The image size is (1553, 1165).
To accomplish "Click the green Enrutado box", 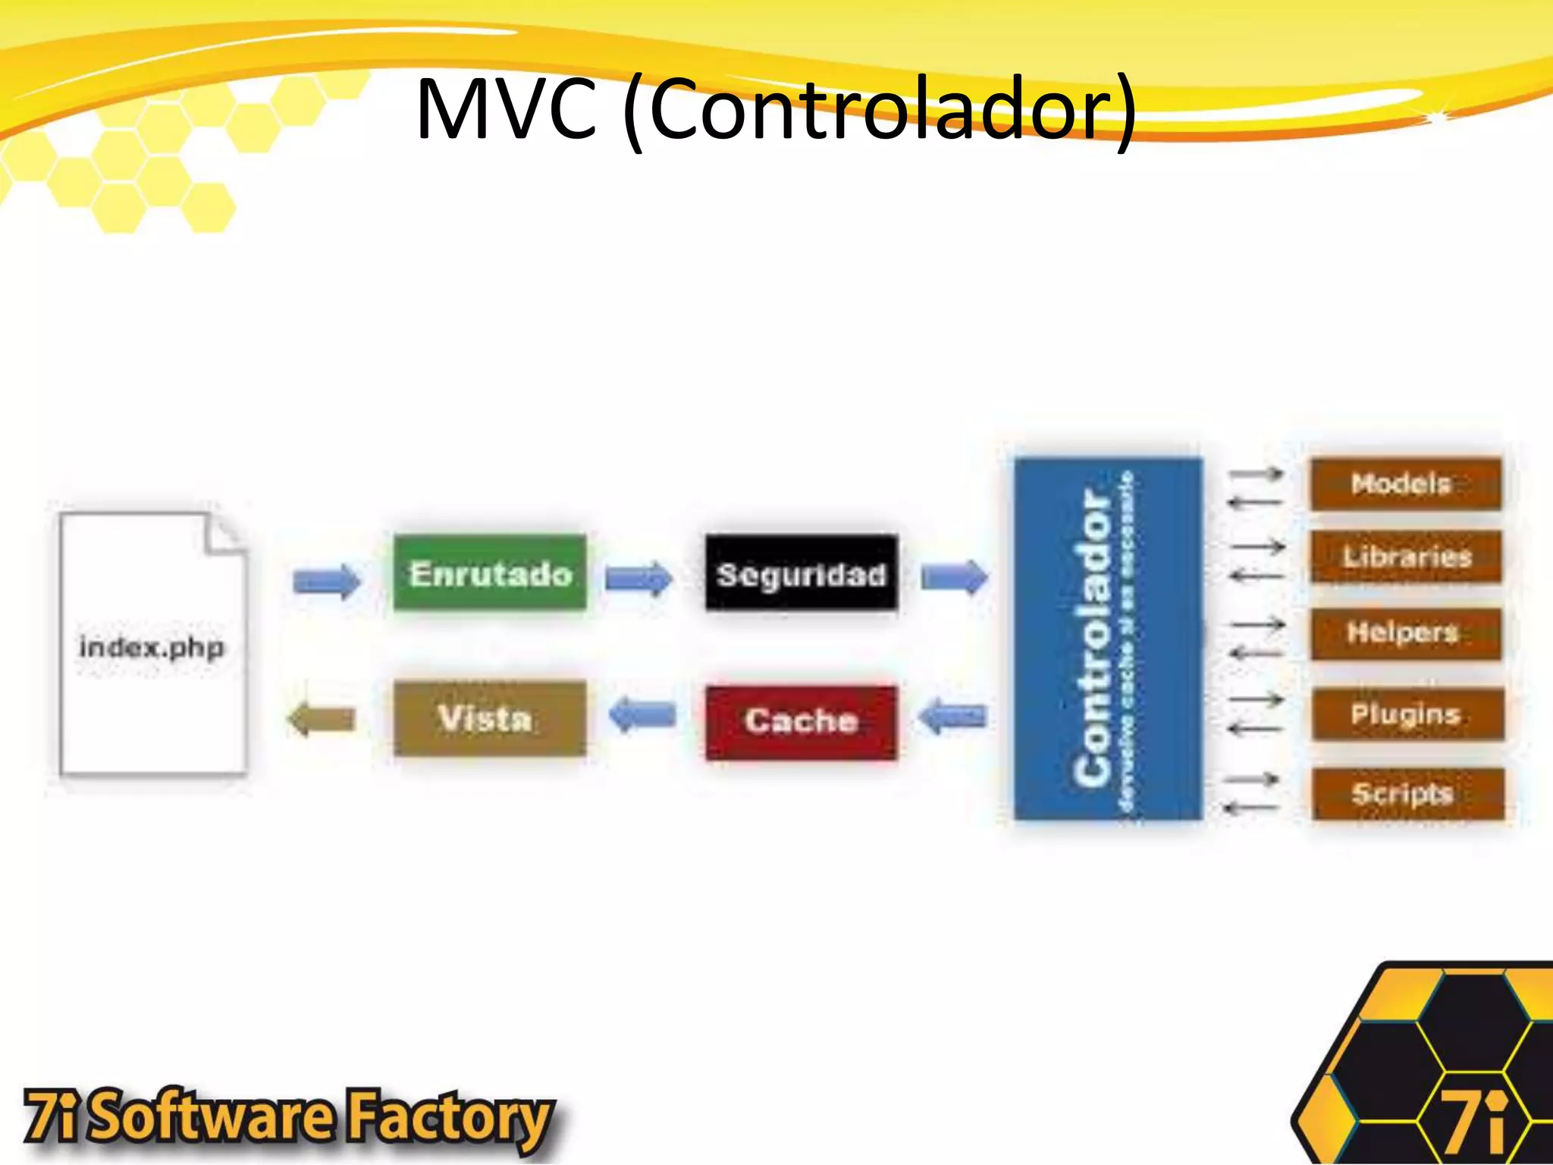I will [490, 573].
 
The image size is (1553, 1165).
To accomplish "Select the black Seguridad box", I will [801, 573].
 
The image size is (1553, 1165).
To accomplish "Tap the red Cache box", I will [801, 721].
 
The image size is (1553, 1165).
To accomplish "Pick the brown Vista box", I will [490, 718].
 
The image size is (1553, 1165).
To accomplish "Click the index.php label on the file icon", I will [152, 648].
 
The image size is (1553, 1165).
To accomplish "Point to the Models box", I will [1405, 483].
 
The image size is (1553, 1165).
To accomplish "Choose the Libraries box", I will [1405, 557].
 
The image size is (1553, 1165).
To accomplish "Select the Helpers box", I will [1405, 633].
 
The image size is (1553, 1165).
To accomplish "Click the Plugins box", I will [1407, 714].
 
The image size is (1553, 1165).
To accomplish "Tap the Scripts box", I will [1407, 793].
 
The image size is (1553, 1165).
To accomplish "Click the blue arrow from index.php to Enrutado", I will [327, 582].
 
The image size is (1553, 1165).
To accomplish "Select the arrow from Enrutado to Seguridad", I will [638, 580].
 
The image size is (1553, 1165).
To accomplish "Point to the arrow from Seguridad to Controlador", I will [954, 578].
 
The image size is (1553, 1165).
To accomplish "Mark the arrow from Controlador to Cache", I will [952, 716].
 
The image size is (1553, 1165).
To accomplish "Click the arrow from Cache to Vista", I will [642, 715].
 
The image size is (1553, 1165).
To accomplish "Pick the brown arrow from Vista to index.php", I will [322, 719].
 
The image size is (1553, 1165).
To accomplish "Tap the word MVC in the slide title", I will [506, 110].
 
